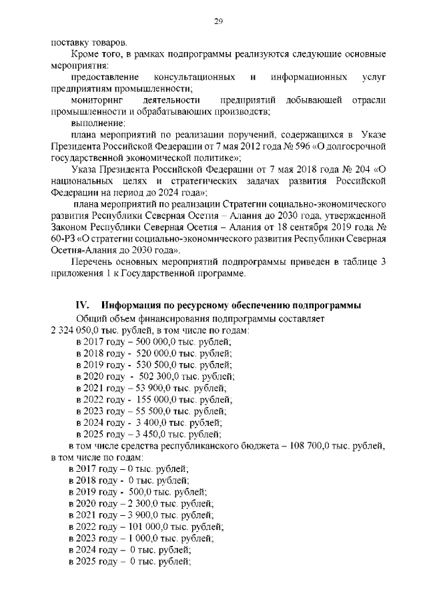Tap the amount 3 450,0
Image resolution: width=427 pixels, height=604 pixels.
[x=148, y=434]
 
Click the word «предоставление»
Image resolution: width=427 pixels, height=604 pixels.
[x=104, y=77]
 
